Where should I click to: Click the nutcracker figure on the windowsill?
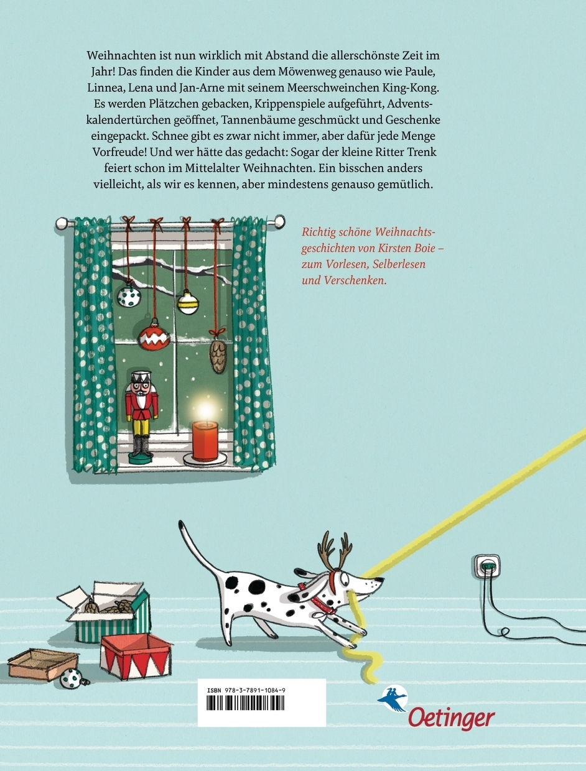[141, 417]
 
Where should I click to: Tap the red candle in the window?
[205, 441]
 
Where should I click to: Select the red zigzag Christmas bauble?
[154, 337]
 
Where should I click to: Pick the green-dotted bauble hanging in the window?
[128, 296]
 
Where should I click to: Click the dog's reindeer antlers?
[335, 548]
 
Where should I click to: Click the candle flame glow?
[207, 409]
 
